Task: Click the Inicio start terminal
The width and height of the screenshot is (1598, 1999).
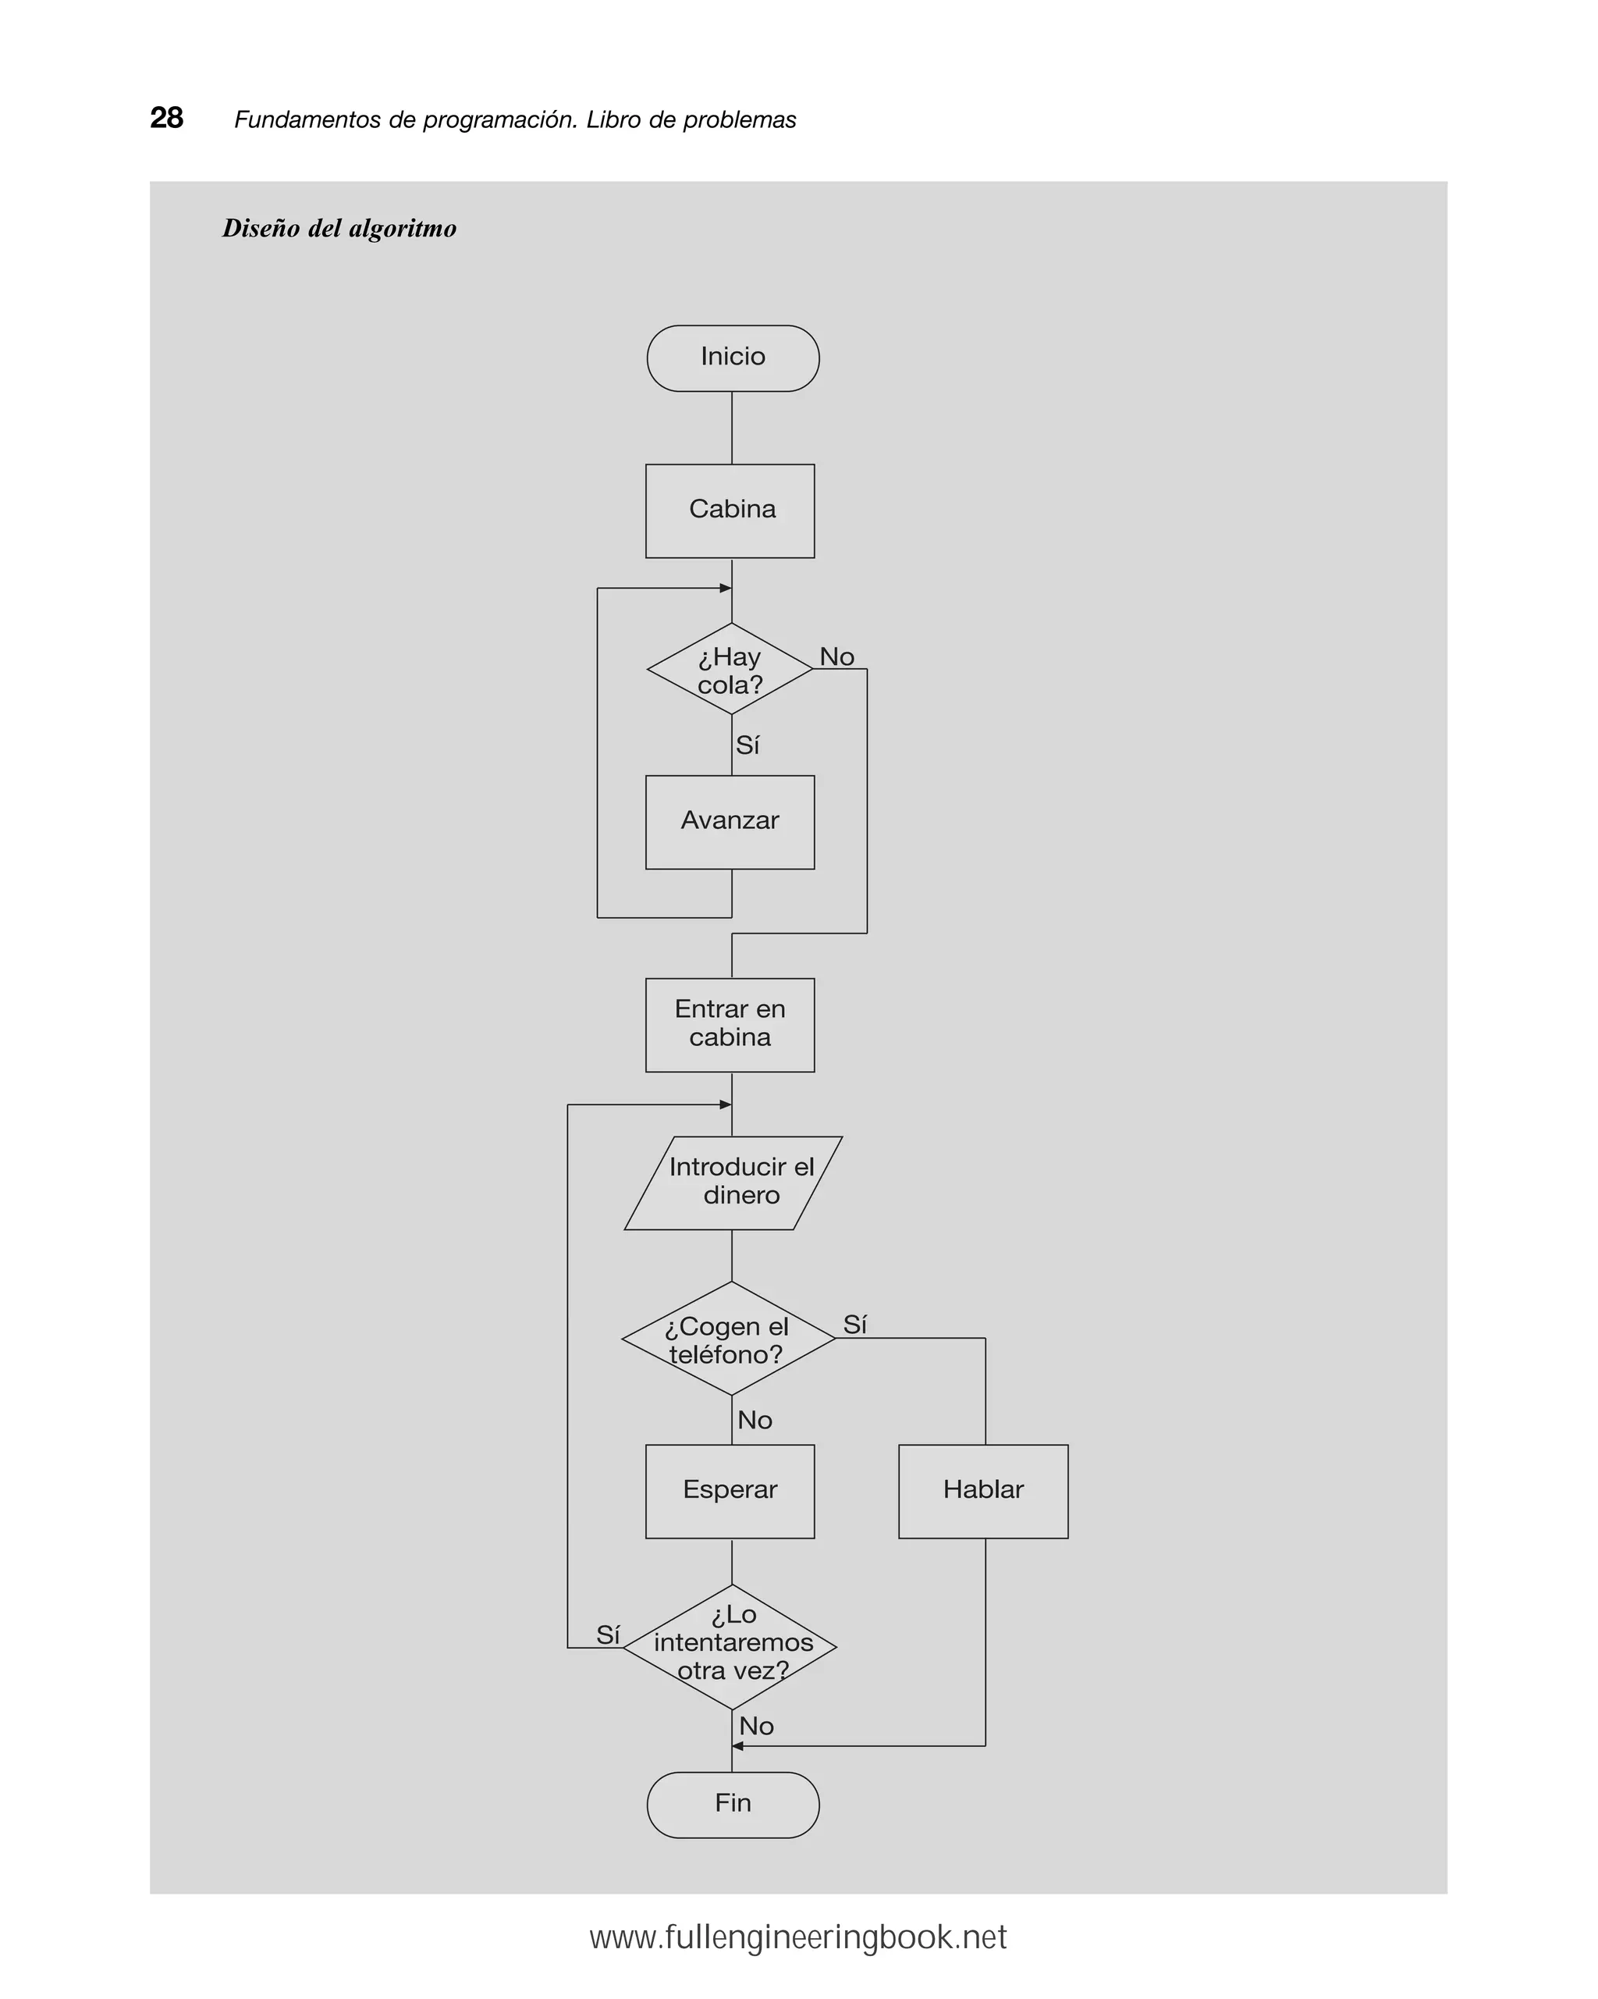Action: click(732, 358)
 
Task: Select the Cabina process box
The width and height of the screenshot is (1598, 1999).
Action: click(730, 511)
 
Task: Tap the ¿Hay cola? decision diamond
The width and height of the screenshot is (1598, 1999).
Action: click(730, 670)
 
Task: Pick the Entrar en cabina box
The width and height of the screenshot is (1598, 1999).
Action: click(730, 1025)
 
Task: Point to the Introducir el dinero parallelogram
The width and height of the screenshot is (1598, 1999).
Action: click(732, 1183)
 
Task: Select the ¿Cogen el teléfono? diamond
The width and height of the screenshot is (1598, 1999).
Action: click(729, 1339)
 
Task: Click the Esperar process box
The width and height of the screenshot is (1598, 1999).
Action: click(730, 1491)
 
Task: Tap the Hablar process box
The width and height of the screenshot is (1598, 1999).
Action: click(983, 1491)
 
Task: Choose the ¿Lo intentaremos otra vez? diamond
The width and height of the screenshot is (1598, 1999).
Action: click(730, 1647)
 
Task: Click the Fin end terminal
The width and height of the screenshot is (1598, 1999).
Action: click(732, 1805)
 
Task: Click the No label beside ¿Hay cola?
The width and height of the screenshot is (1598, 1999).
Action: click(836, 656)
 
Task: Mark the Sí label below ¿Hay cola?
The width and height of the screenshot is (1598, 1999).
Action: click(747, 745)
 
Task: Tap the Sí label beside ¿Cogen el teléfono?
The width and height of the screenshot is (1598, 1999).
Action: click(854, 1324)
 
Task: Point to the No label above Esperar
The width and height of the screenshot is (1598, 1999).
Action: click(755, 1420)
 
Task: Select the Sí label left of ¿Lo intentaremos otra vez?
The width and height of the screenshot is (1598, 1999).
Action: click(607, 1634)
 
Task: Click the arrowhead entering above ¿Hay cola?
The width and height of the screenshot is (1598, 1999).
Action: click(726, 588)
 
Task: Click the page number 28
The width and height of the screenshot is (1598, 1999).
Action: click(167, 118)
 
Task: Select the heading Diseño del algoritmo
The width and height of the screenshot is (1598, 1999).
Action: click(339, 228)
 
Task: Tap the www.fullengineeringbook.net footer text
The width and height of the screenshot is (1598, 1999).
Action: click(798, 1937)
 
